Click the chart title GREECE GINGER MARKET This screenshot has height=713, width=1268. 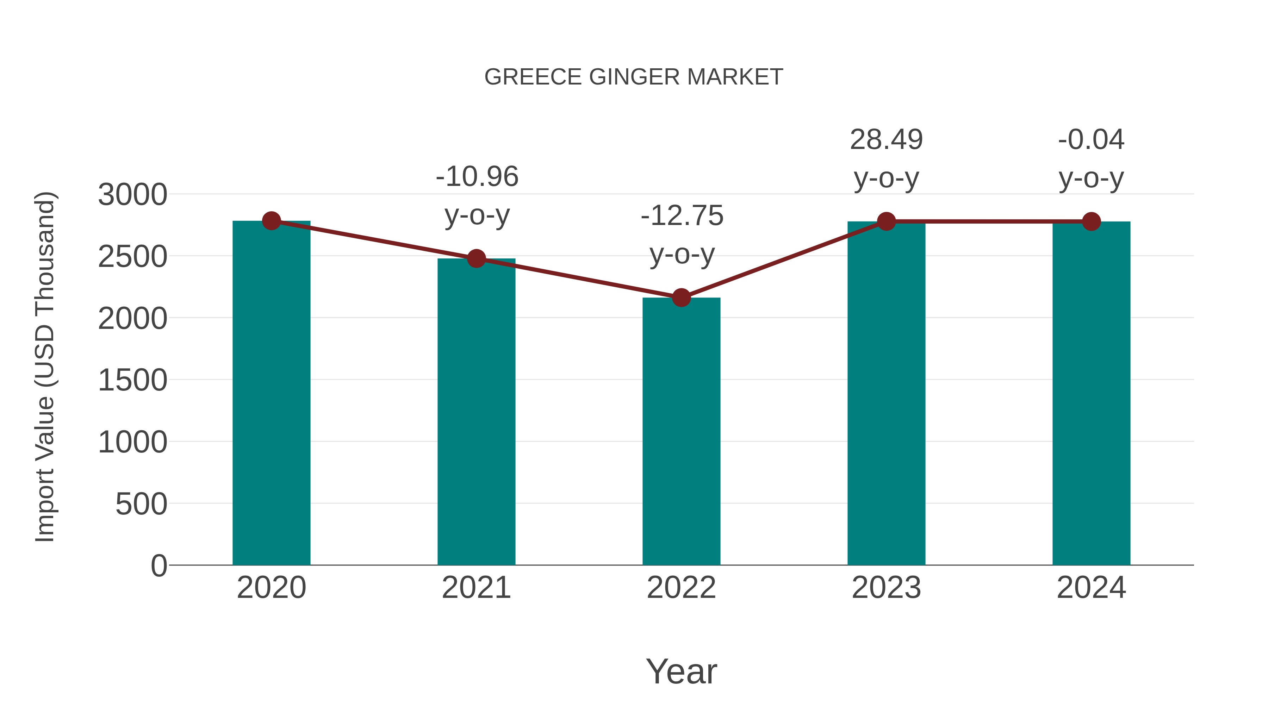pyautogui.click(x=634, y=77)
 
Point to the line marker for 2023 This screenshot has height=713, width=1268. pyautogui.click(x=886, y=221)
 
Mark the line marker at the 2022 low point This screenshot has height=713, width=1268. pyautogui.click(x=681, y=297)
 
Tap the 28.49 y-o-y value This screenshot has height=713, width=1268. pyautogui.click(x=886, y=140)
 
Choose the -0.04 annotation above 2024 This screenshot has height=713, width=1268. pyautogui.click(x=1091, y=140)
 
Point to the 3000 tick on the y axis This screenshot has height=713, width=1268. pyautogui.click(x=132, y=195)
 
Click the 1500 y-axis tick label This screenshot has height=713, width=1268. pyautogui.click(x=132, y=380)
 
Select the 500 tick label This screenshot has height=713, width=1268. pyautogui.click(x=141, y=504)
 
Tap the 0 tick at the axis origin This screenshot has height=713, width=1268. pyautogui.click(x=158, y=566)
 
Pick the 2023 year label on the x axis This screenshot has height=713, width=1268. pyautogui.click(x=886, y=588)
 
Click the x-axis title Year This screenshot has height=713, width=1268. pyautogui.click(x=681, y=672)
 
